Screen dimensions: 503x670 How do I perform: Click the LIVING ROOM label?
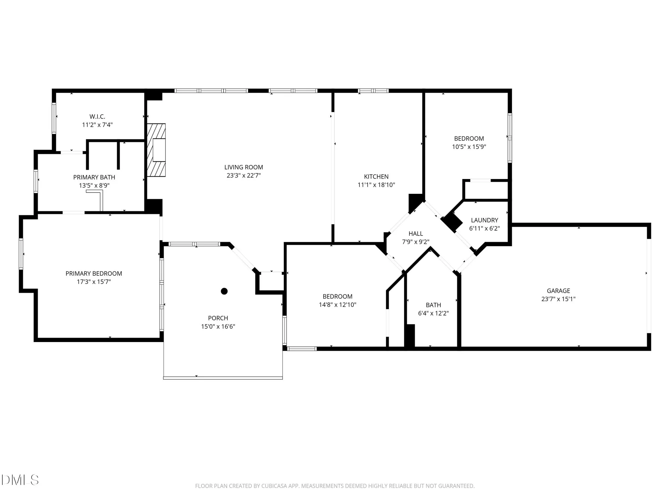click(244, 167)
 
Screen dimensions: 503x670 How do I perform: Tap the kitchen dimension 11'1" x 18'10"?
click(376, 185)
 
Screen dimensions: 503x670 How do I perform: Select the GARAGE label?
click(558, 291)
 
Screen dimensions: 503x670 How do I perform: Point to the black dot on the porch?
click(224, 291)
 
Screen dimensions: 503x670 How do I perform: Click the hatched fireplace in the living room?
click(156, 150)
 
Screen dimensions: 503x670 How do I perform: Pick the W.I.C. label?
click(97, 116)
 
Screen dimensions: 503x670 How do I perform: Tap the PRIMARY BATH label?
click(94, 177)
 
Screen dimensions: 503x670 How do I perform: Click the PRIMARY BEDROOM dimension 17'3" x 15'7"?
click(94, 282)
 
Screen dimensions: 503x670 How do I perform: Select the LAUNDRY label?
click(484, 220)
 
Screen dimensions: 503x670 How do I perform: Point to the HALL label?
click(415, 233)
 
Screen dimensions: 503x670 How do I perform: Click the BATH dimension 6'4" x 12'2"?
click(433, 313)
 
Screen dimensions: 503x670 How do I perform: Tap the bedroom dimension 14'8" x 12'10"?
click(337, 304)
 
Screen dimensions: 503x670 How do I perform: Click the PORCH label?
click(218, 318)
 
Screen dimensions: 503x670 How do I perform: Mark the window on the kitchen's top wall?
click(373, 91)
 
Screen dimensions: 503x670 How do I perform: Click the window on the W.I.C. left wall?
click(54, 118)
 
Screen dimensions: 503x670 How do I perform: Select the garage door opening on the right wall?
click(649, 285)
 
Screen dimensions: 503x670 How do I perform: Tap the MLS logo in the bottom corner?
click(20, 480)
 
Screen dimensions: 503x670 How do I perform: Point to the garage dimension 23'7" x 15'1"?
click(558, 299)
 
